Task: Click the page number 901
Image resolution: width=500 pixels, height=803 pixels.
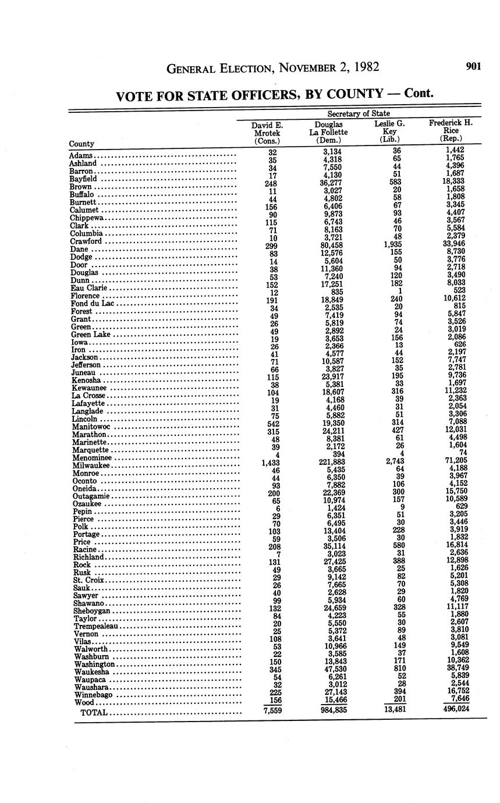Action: coord(473,66)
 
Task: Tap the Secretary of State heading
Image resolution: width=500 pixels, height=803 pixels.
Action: coord(359,113)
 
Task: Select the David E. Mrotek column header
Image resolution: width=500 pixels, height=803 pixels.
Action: coord(267,133)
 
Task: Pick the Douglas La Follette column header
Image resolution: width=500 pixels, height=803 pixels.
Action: coord(328,133)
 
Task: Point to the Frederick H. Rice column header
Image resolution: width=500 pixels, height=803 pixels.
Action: coord(451,132)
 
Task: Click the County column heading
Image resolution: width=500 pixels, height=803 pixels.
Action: coord(81,144)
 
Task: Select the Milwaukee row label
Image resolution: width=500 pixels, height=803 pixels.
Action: coord(91,466)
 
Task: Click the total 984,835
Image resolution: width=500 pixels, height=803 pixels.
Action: coord(329,709)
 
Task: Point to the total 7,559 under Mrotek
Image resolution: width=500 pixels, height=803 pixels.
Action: coord(269,710)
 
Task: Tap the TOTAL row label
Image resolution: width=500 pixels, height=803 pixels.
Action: coord(94,713)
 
